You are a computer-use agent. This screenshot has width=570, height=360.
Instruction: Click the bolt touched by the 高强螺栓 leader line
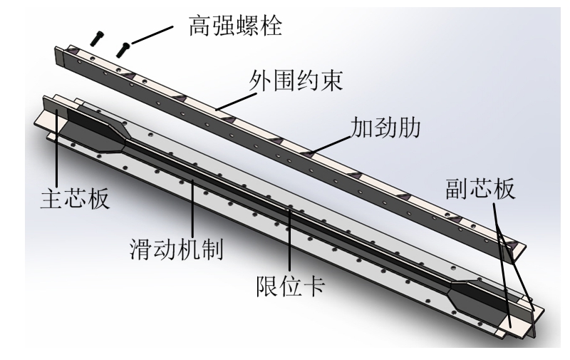[125, 48]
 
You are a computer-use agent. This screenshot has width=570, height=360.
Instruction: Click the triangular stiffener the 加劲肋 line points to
[308, 152]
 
